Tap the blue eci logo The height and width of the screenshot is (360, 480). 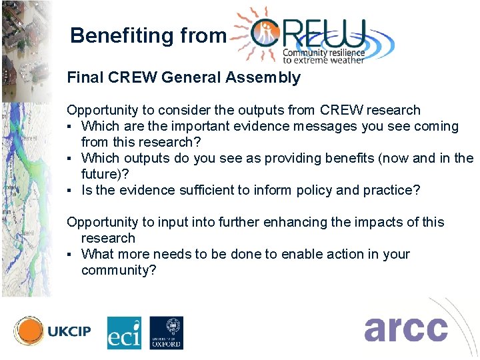125,333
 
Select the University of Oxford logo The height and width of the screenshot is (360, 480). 166,333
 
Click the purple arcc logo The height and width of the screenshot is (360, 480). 405,329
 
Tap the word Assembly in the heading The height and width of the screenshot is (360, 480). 263,78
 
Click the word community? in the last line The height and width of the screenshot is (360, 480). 119,270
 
